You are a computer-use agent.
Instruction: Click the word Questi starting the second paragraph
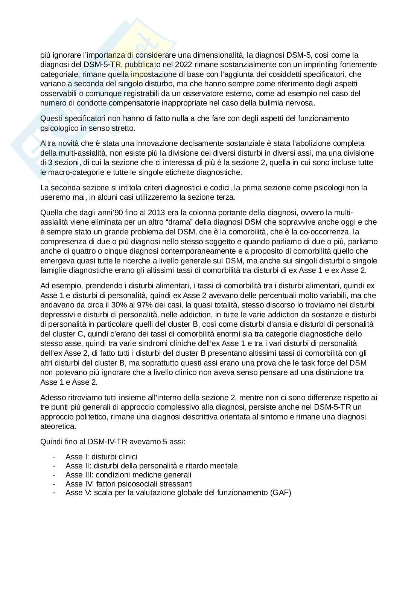51,118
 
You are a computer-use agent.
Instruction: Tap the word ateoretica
58,426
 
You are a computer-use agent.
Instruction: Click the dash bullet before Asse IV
55,483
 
